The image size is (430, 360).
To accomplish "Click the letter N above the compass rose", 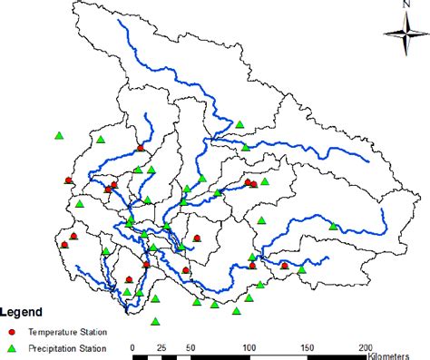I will (398, 6).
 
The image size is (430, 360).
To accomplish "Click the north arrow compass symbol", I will (398, 35).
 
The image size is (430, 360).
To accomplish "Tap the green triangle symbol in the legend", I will (13, 347).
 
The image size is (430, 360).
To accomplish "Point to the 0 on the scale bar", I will (133, 346).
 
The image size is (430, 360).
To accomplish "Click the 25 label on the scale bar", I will (161, 346).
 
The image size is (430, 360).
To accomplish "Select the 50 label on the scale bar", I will (191, 346).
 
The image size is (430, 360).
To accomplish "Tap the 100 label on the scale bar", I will (249, 346).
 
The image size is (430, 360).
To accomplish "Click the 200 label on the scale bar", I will (365, 346).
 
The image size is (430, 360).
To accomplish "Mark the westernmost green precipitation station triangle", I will (58, 135).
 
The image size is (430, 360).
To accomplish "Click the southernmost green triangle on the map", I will (156, 320).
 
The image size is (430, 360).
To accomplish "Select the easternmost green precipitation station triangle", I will (336, 226).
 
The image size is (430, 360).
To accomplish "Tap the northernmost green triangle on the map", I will (239, 124).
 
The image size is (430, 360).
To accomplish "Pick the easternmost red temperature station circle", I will (285, 266).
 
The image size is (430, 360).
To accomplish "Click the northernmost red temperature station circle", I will (140, 149).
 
